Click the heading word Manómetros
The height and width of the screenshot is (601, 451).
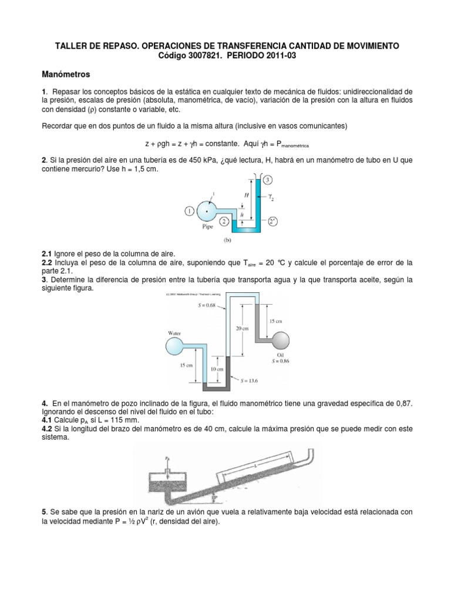(x=66, y=75)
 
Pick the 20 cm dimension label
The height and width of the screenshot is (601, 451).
(x=241, y=329)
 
